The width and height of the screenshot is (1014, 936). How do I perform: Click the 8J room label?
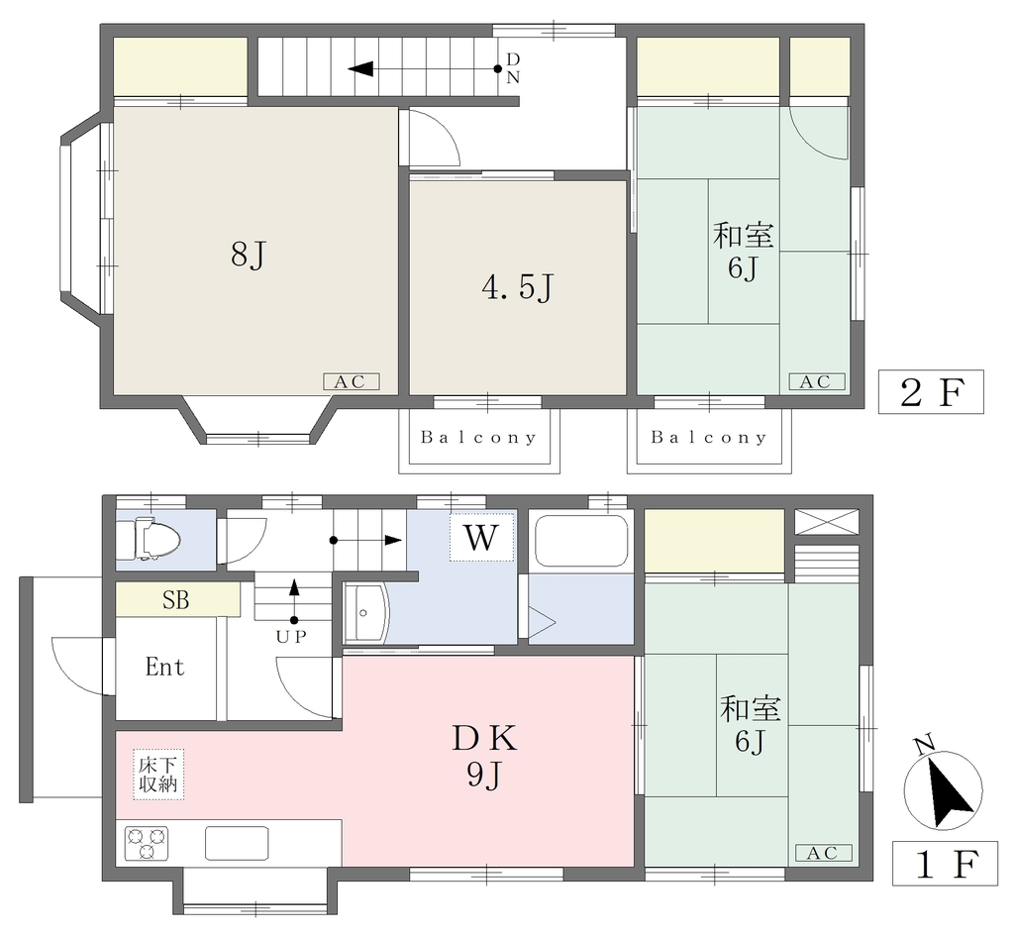[x=249, y=255]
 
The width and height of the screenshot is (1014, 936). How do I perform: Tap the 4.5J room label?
[x=517, y=287]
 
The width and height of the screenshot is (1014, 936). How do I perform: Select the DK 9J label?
[x=485, y=756]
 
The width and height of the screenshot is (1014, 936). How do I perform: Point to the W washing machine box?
[x=482, y=538]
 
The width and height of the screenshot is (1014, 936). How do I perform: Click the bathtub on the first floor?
[x=582, y=540]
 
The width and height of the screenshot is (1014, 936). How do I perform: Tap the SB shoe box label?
[x=176, y=599]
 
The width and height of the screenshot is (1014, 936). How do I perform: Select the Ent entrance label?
[x=165, y=667]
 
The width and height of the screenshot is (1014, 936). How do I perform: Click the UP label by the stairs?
[x=291, y=637]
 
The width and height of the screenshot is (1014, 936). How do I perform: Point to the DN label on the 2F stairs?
[x=513, y=68]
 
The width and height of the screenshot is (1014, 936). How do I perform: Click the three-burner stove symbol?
[x=147, y=844]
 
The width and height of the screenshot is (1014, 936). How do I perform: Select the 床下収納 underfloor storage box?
[x=158, y=775]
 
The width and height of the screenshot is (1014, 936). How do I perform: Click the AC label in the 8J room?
[x=351, y=381]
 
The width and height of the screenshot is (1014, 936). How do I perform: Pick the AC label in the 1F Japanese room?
[x=823, y=853]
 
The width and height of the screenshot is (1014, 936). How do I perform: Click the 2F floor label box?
[x=931, y=392]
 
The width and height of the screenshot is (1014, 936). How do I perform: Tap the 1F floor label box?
[x=945, y=864]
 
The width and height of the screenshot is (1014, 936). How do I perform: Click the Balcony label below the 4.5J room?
[x=478, y=438]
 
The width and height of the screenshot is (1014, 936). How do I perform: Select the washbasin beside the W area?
[x=366, y=612]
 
